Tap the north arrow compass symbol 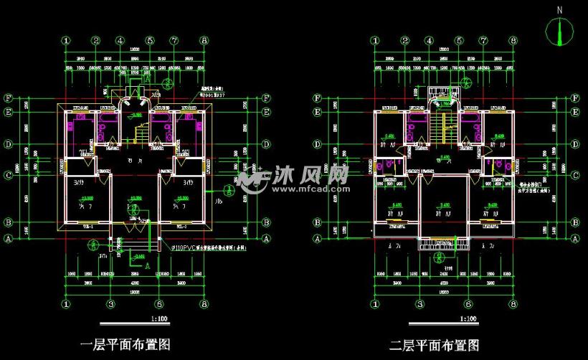click(559, 31)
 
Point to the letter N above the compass click(559, 10)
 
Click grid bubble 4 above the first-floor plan click(135, 41)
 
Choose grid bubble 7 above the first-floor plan click(174, 41)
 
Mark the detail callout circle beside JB click(227, 190)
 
